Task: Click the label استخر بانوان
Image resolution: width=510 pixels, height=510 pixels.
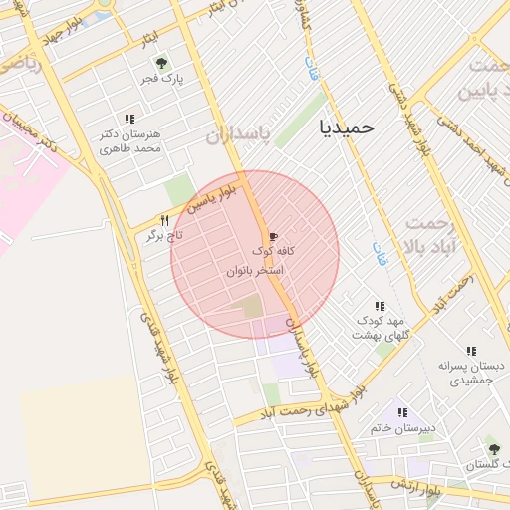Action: [256, 270]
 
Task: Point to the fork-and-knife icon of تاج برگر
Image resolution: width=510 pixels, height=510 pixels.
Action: [165, 220]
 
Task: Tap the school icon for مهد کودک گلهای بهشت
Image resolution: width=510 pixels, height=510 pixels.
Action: [379, 306]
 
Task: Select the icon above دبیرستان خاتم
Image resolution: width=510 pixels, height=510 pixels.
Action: [402, 411]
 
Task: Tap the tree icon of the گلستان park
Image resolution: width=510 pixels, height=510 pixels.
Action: [492, 449]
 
